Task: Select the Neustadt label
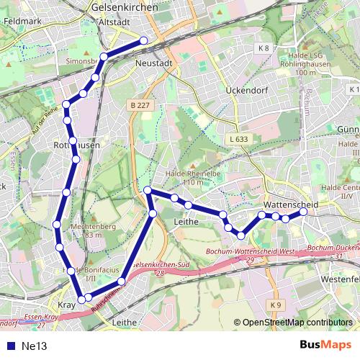pyautogui.click(x=153, y=63)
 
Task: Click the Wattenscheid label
pyautogui.click(x=291, y=205)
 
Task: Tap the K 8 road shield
pyautogui.click(x=264, y=49)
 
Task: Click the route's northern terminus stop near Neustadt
pyautogui.click(x=143, y=40)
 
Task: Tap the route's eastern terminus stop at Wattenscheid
pyautogui.click(x=303, y=212)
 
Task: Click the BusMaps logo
pyautogui.click(x=325, y=345)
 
